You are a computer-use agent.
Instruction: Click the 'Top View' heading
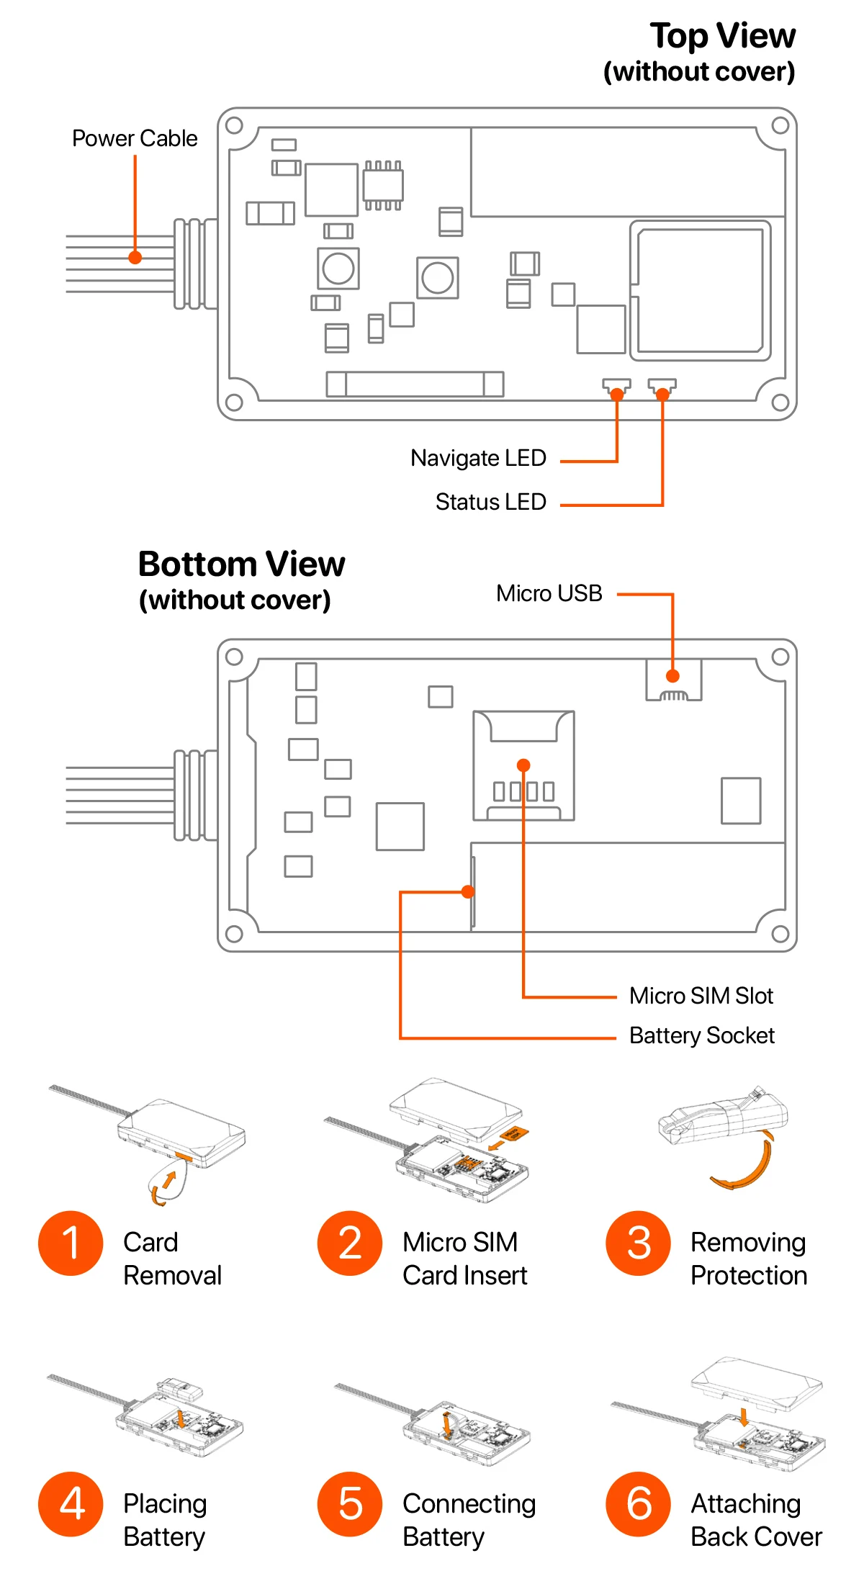pos(722,36)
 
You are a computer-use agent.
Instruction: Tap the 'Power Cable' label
pos(135,138)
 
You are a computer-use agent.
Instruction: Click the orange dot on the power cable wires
pos(135,257)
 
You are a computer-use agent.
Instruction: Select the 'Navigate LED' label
pos(478,458)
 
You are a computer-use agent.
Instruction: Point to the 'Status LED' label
pos(490,502)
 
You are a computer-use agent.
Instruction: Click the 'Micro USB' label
pos(549,593)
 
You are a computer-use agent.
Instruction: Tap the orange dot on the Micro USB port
pos(672,676)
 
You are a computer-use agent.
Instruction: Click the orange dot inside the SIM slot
pos(523,765)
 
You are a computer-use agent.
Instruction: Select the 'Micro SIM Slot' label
pos(701,996)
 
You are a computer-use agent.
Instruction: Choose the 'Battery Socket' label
pos(701,1035)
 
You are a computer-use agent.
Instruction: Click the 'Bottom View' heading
pos(241,564)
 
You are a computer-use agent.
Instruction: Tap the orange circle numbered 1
pos(71,1243)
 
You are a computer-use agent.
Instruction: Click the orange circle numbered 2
pos(350,1243)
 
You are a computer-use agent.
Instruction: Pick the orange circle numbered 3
pos(639,1243)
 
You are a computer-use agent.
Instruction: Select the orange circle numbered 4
pos(71,1504)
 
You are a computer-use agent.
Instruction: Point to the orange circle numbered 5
pos(350,1504)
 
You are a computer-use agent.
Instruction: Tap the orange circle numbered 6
pos(639,1504)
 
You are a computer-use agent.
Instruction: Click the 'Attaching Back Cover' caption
pos(756,1520)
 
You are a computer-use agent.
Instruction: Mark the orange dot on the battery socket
pos(468,892)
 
